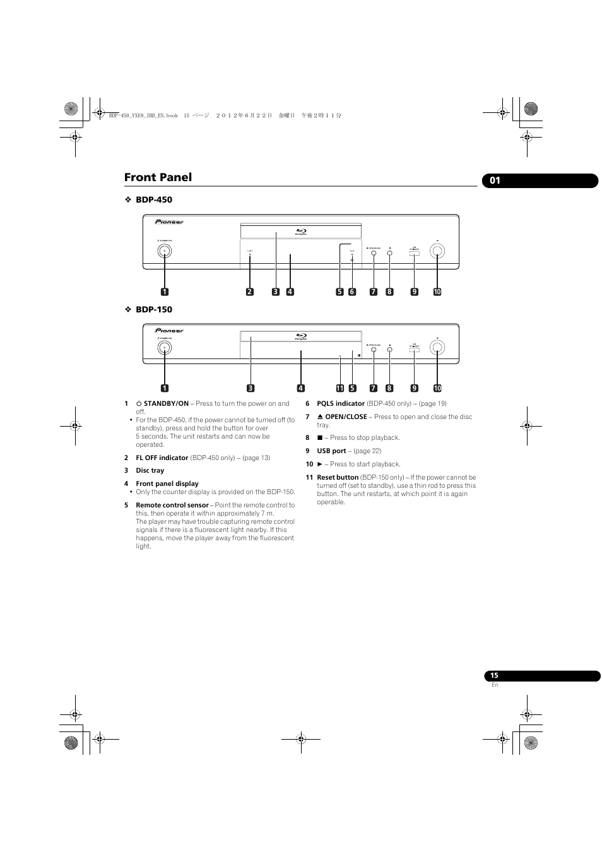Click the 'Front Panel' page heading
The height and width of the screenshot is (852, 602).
pos(158,177)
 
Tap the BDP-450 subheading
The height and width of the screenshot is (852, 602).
pos(153,199)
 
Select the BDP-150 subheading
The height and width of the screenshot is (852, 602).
pos(153,309)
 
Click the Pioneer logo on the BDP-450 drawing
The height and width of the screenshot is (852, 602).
pos(169,222)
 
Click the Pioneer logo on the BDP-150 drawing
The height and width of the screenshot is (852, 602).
pos(169,330)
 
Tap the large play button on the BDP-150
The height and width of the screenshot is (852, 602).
pos(437,347)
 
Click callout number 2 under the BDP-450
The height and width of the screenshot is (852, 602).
pos(250,292)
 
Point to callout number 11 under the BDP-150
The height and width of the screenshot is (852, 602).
pos(339,388)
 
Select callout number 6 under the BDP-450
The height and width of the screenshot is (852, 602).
pos(352,292)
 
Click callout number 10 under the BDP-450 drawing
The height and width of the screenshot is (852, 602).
pos(437,292)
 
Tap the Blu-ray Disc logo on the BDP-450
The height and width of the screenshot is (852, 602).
pos(301,232)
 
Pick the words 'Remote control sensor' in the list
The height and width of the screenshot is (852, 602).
pos(172,505)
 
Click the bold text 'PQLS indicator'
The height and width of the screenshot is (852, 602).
pos(341,403)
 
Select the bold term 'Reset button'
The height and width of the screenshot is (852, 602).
pos(338,477)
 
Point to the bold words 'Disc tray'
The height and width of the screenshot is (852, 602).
pos(150,470)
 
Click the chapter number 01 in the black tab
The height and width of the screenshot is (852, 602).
pos(495,180)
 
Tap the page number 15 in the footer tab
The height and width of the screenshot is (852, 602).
pos(494,675)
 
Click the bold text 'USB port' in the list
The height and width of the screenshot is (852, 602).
pos(331,451)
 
